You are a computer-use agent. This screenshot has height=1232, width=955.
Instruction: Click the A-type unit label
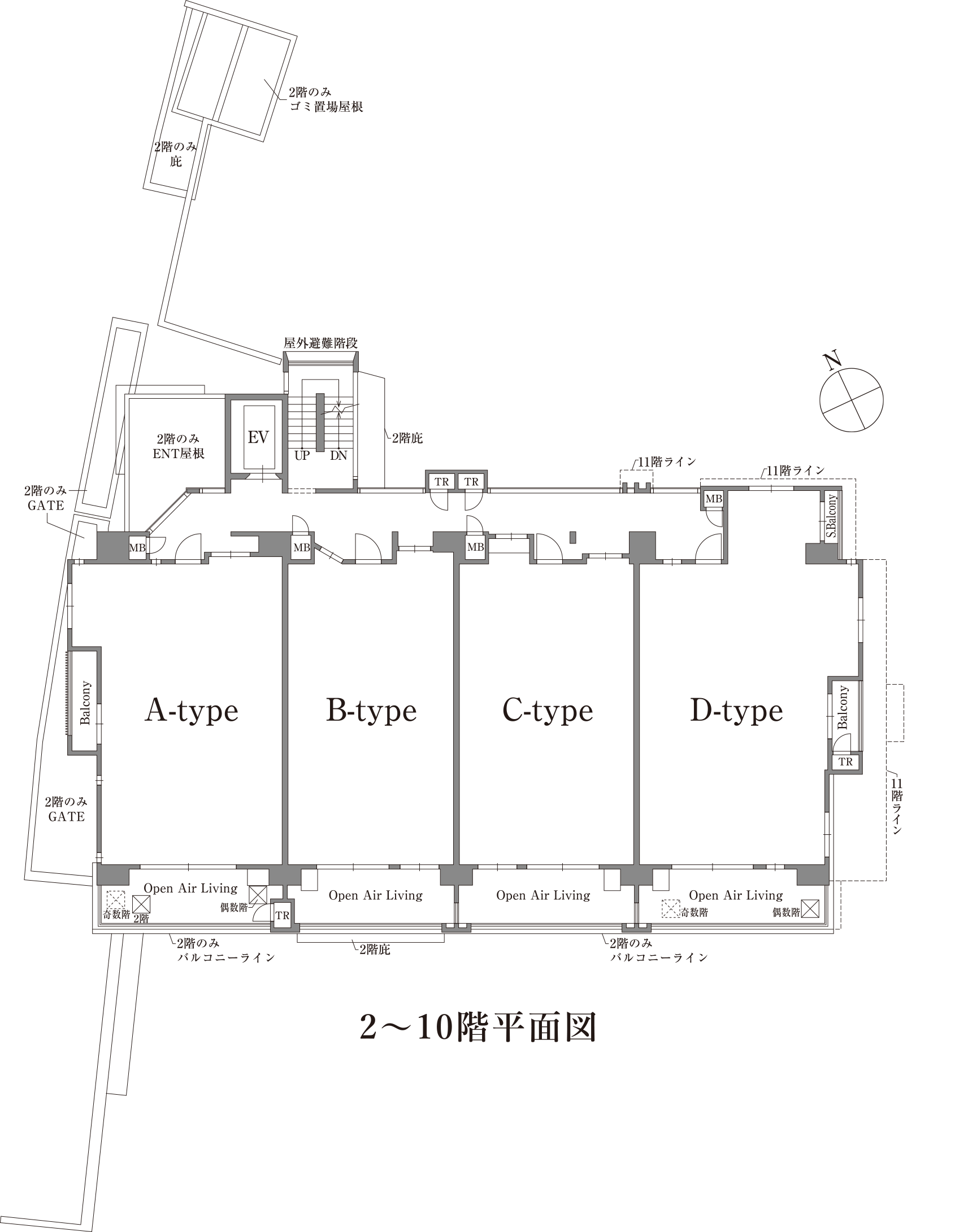click(x=192, y=711)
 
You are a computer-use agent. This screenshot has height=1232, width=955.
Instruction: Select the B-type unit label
click(x=371, y=711)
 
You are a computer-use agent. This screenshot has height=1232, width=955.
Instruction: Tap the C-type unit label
click(x=548, y=711)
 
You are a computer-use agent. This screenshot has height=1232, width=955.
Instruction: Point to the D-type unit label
click(x=736, y=711)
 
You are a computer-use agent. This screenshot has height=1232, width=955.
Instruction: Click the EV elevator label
click(x=258, y=437)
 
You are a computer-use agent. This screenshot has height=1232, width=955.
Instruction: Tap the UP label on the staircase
click(x=302, y=455)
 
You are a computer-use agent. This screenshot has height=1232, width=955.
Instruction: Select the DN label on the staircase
click(x=338, y=455)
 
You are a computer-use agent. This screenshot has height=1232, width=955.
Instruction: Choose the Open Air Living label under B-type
click(x=375, y=895)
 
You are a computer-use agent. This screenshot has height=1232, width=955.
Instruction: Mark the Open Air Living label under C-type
click(x=543, y=895)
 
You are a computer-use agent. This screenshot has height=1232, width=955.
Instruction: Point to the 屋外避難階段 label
click(x=320, y=343)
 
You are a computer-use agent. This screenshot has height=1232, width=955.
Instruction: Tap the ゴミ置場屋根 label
click(x=325, y=106)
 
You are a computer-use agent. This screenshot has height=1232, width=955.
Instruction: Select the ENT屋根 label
click(x=179, y=453)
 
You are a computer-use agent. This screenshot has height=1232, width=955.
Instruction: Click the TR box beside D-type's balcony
click(x=845, y=761)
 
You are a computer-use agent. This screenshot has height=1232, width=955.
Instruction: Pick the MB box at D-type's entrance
click(x=714, y=499)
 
